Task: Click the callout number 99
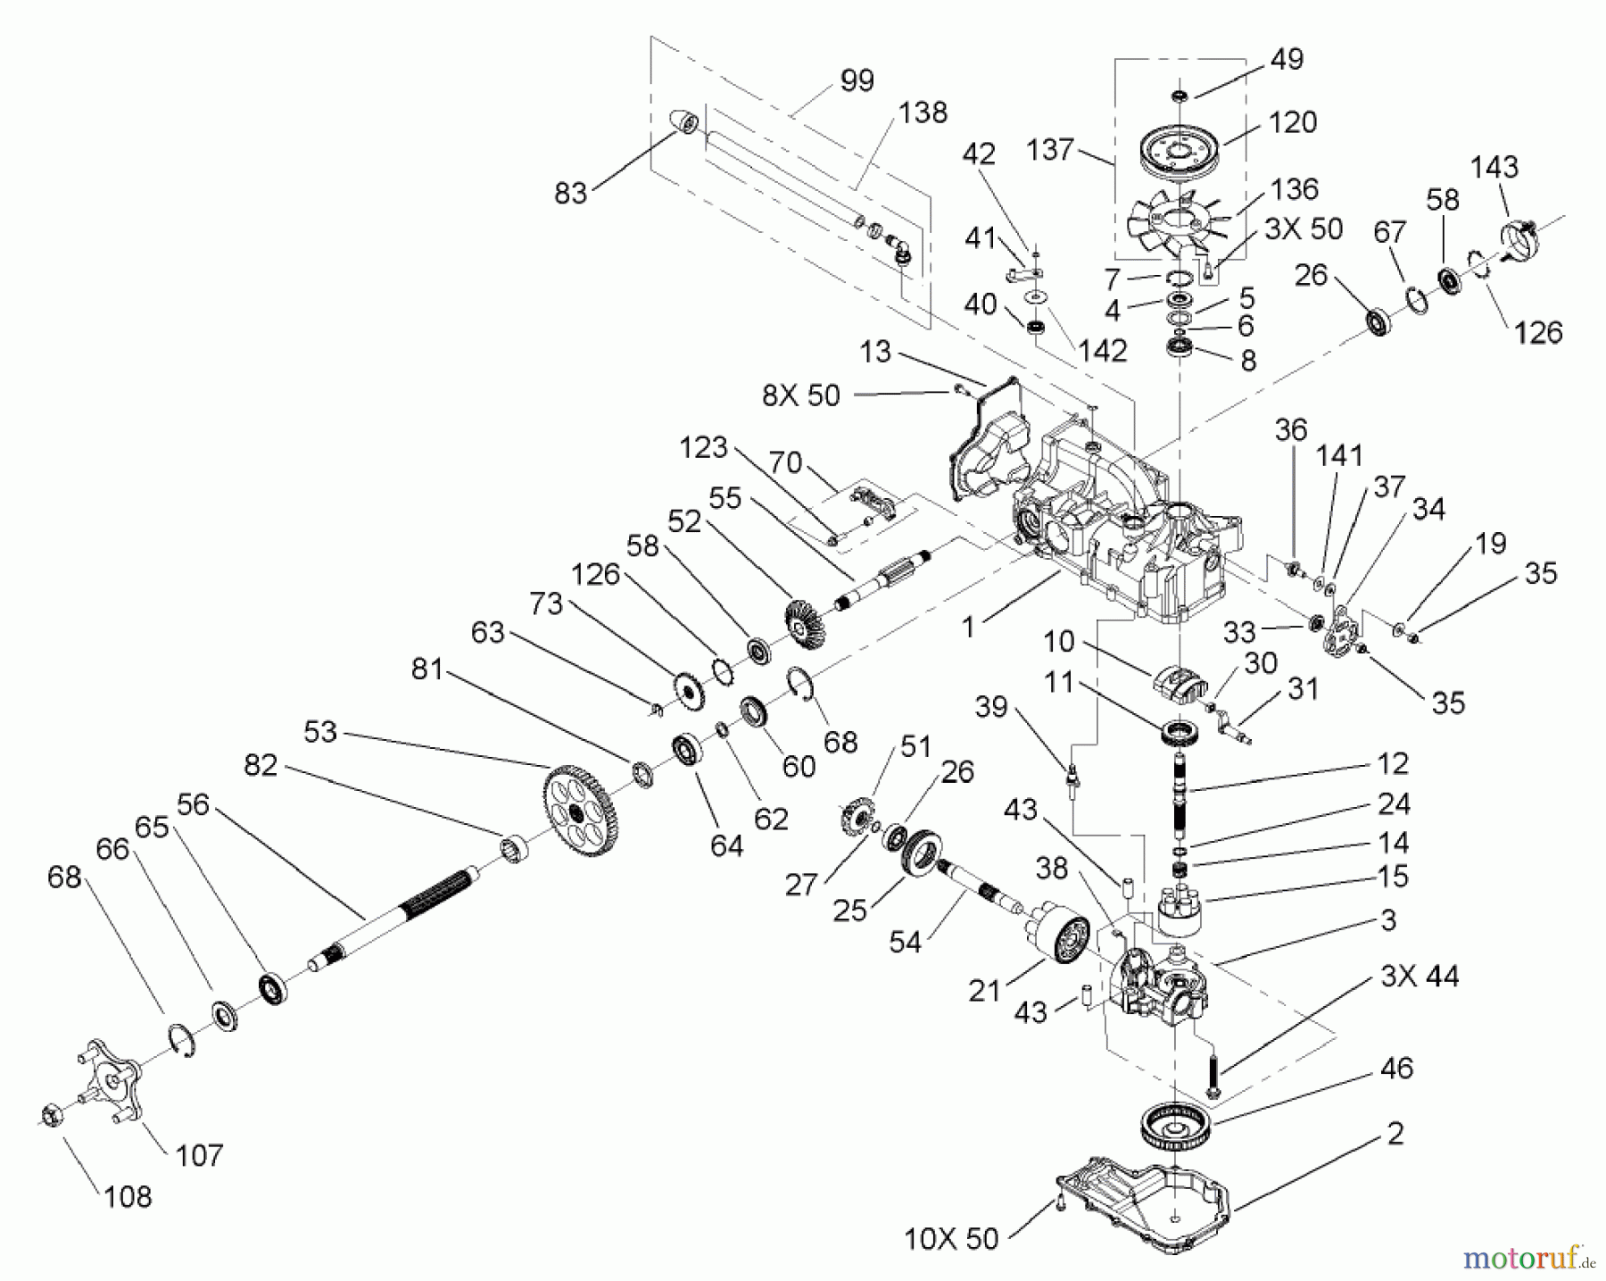857,80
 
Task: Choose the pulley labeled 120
1182,151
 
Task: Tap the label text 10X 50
952,1239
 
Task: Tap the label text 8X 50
800,395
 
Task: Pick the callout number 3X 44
1419,977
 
